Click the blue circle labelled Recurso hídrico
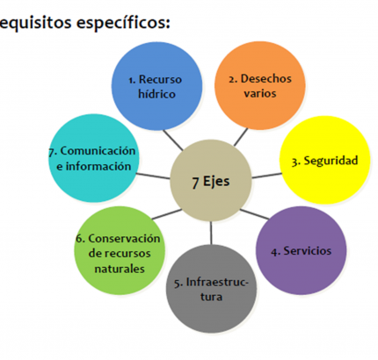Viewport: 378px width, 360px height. click(x=156, y=86)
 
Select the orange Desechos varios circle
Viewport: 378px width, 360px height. click(x=260, y=85)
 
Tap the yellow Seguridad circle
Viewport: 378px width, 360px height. click(x=324, y=160)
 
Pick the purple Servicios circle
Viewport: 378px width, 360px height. click(x=302, y=250)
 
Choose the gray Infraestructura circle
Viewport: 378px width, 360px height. click(x=211, y=289)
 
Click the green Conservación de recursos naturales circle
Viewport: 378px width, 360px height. click(x=120, y=250)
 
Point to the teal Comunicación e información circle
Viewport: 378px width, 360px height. click(x=93, y=158)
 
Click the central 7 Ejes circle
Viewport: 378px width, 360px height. click(x=211, y=181)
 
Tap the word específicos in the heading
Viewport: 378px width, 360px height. click(x=123, y=23)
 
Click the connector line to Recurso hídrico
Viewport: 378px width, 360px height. click(x=173, y=140)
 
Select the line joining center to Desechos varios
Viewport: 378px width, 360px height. click(x=241, y=137)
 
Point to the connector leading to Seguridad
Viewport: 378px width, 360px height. click(x=266, y=176)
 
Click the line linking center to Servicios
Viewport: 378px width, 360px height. click(x=254, y=214)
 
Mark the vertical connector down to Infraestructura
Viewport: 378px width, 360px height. click(x=211, y=233)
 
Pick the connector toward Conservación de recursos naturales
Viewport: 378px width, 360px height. click(x=167, y=214)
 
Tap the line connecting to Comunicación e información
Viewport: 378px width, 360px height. click(x=153, y=176)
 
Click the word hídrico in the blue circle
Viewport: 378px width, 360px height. click(x=156, y=94)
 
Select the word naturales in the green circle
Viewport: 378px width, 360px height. click(x=120, y=269)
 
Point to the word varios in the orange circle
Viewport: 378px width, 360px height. click(x=260, y=93)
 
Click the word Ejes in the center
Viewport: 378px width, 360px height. click(x=216, y=182)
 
